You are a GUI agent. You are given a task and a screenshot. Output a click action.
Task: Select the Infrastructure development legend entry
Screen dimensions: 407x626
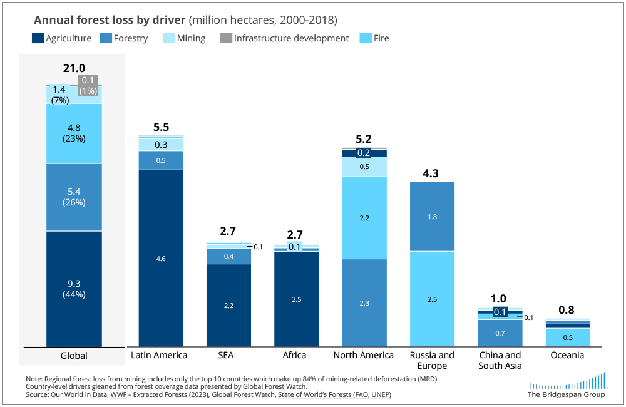pyautogui.click(x=284, y=38)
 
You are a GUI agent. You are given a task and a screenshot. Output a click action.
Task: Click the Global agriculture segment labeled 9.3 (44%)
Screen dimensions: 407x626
pyautogui.click(x=74, y=289)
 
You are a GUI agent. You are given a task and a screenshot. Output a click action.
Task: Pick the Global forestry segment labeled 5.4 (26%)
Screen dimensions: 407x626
pyautogui.click(x=74, y=197)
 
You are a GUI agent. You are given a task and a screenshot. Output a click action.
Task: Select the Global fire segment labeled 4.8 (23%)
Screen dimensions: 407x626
pyautogui.click(x=74, y=133)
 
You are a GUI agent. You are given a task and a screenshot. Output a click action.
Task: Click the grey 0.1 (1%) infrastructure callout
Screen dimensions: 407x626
pyautogui.click(x=88, y=85)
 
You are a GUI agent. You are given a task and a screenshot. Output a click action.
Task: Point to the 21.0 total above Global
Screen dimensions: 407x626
pyautogui.click(x=74, y=68)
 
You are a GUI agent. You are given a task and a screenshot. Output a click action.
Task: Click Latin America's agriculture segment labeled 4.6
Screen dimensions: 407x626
pyautogui.click(x=161, y=258)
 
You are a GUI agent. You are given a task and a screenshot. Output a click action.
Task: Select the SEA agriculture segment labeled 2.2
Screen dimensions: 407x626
pyautogui.click(x=228, y=305)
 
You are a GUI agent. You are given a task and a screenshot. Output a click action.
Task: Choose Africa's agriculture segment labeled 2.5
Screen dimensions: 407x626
pyautogui.click(x=297, y=299)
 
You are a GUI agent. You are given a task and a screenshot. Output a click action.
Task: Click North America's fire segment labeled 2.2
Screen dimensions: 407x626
pyautogui.click(x=364, y=218)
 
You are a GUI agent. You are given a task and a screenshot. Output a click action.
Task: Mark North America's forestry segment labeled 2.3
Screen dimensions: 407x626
pyautogui.click(x=364, y=303)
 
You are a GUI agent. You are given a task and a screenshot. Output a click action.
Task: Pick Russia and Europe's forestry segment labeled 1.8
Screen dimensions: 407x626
pyautogui.click(x=432, y=216)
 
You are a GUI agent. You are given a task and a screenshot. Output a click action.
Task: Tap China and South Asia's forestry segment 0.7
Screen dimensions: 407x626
pyautogui.click(x=500, y=333)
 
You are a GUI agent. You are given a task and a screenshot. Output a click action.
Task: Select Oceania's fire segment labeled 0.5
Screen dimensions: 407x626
pyautogui.click(x=568, y=337)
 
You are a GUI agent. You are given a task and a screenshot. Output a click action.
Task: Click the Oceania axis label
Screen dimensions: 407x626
pyautogui.click(x=568, y=355)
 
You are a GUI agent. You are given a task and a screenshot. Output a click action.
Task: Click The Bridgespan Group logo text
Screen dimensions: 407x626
pyautogui.click(x=567, y=394)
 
